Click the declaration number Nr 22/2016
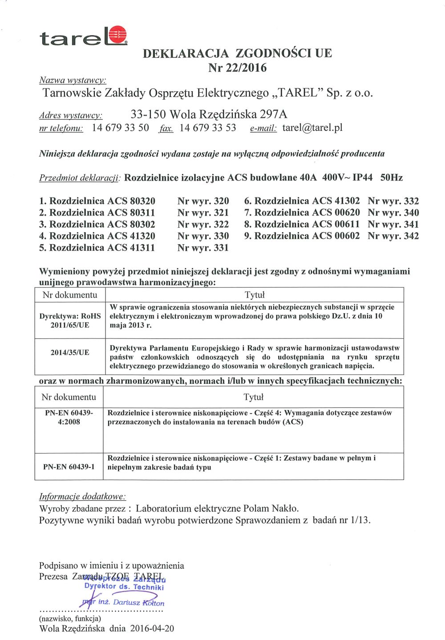tap(237, 68)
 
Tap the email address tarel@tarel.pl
tap(312, 128)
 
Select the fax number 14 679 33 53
tap(208, 128)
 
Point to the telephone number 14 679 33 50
tap(120, 128)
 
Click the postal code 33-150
tap(149, 115)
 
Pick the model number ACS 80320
tap(131, 201)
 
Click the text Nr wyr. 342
tap(393, 236)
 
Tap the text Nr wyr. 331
tap(203, 248)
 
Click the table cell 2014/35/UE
tap(70, 353)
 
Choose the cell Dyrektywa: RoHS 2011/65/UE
tap(70, 321)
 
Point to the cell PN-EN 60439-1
tap(69, 467)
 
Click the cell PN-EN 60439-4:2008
tap(69, 418)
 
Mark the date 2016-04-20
tap(152, 629)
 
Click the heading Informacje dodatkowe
tap(82, 497)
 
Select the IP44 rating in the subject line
tap(362, 178)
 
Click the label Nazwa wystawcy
tap(73, 81)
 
